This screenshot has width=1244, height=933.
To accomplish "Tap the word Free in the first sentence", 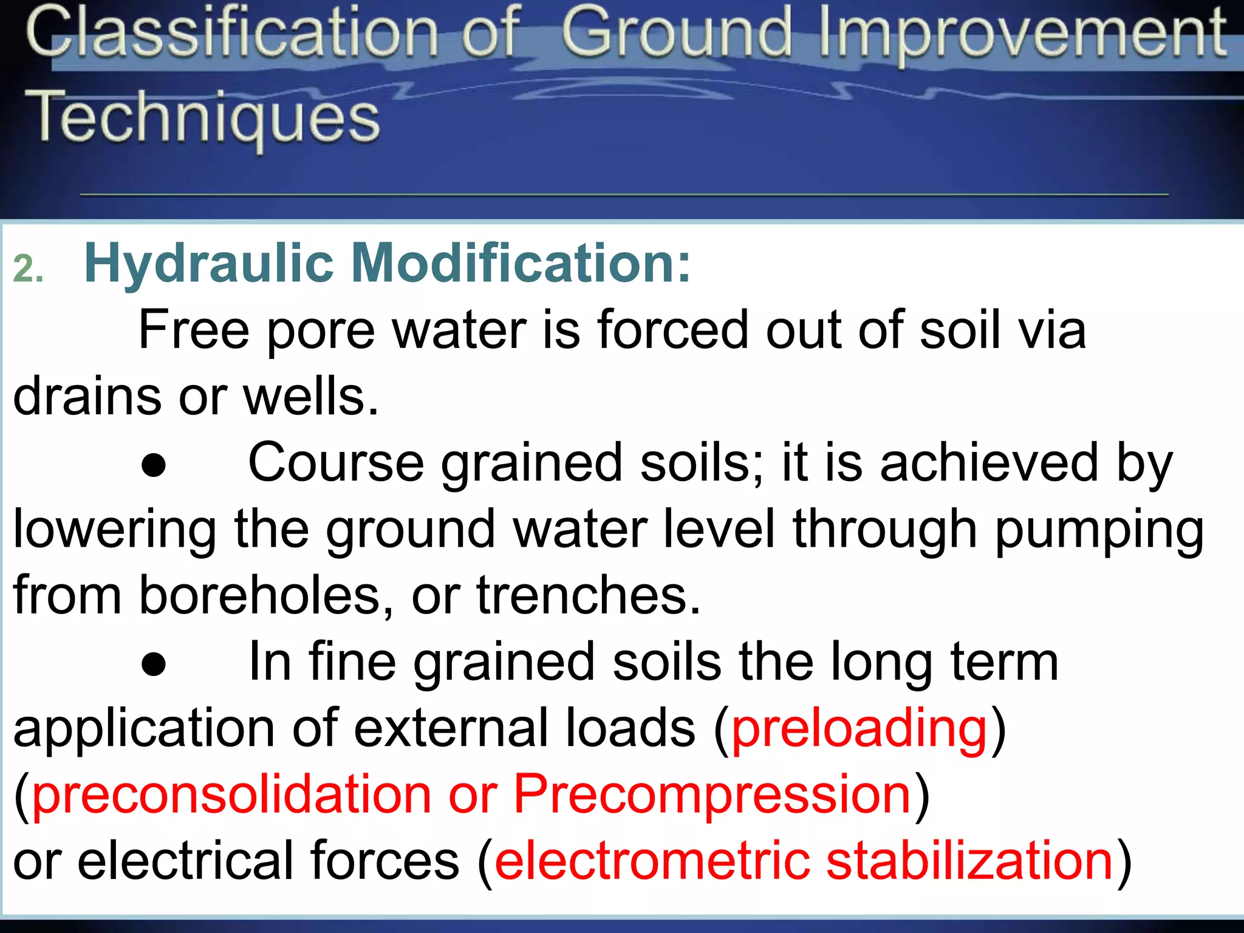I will click(x=194, y=330).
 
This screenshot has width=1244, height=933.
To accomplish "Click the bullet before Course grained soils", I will click(x=153, y=466).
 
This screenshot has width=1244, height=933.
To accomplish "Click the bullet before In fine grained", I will click(x=153, y=665).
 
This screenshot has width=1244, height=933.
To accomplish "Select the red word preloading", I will click(x=860, y=730).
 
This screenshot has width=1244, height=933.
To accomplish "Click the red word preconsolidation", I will click(x=231, y=796).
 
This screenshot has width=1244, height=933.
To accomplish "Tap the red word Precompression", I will click(x=712, y=796).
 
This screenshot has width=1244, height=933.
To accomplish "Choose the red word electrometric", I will click(x=652, y=861).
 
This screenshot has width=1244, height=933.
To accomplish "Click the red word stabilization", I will click(x=969, y=861).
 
